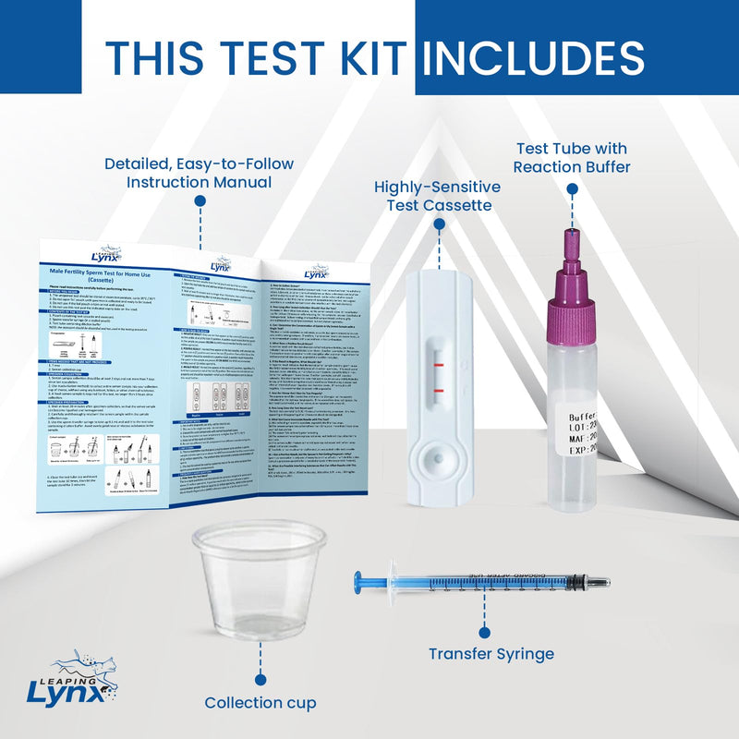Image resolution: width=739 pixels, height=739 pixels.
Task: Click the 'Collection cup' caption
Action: click(261, 702)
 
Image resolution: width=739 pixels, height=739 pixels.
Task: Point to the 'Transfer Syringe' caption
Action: click(491, 654)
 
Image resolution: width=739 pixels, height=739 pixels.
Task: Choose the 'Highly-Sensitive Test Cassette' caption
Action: click(437, 195)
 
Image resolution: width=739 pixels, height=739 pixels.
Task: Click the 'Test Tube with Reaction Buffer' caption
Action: click(571, 157)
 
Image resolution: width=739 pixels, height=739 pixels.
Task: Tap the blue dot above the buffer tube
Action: click(572, 189)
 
